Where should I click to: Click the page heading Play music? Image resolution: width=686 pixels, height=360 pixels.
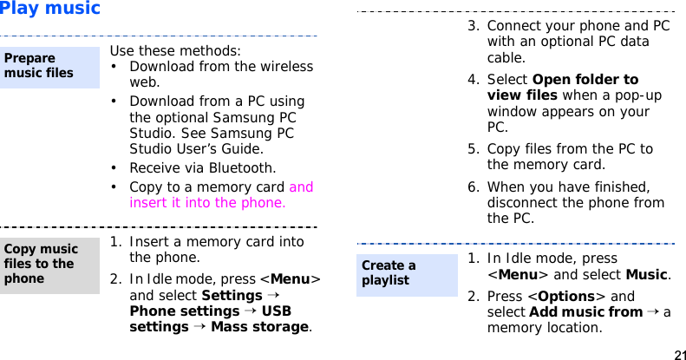coord(50,10)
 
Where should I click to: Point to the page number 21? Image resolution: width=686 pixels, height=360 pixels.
coord(678,355)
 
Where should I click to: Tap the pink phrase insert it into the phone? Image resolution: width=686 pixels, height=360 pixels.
coord(207,203)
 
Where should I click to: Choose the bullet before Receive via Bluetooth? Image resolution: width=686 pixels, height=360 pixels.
coord(114,168)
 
